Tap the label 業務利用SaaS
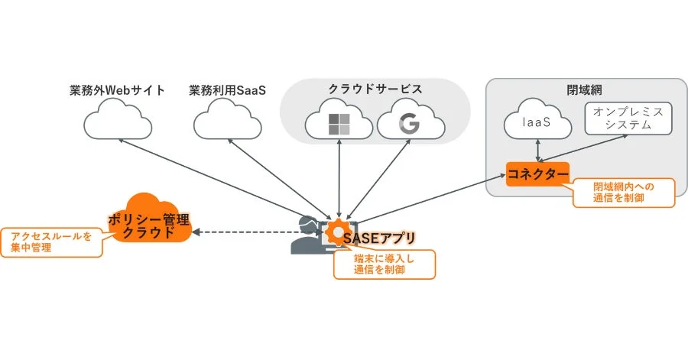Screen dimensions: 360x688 point(226,90)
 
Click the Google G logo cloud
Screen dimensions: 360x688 point(411,123)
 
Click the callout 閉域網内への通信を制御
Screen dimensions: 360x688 point(625,193)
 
